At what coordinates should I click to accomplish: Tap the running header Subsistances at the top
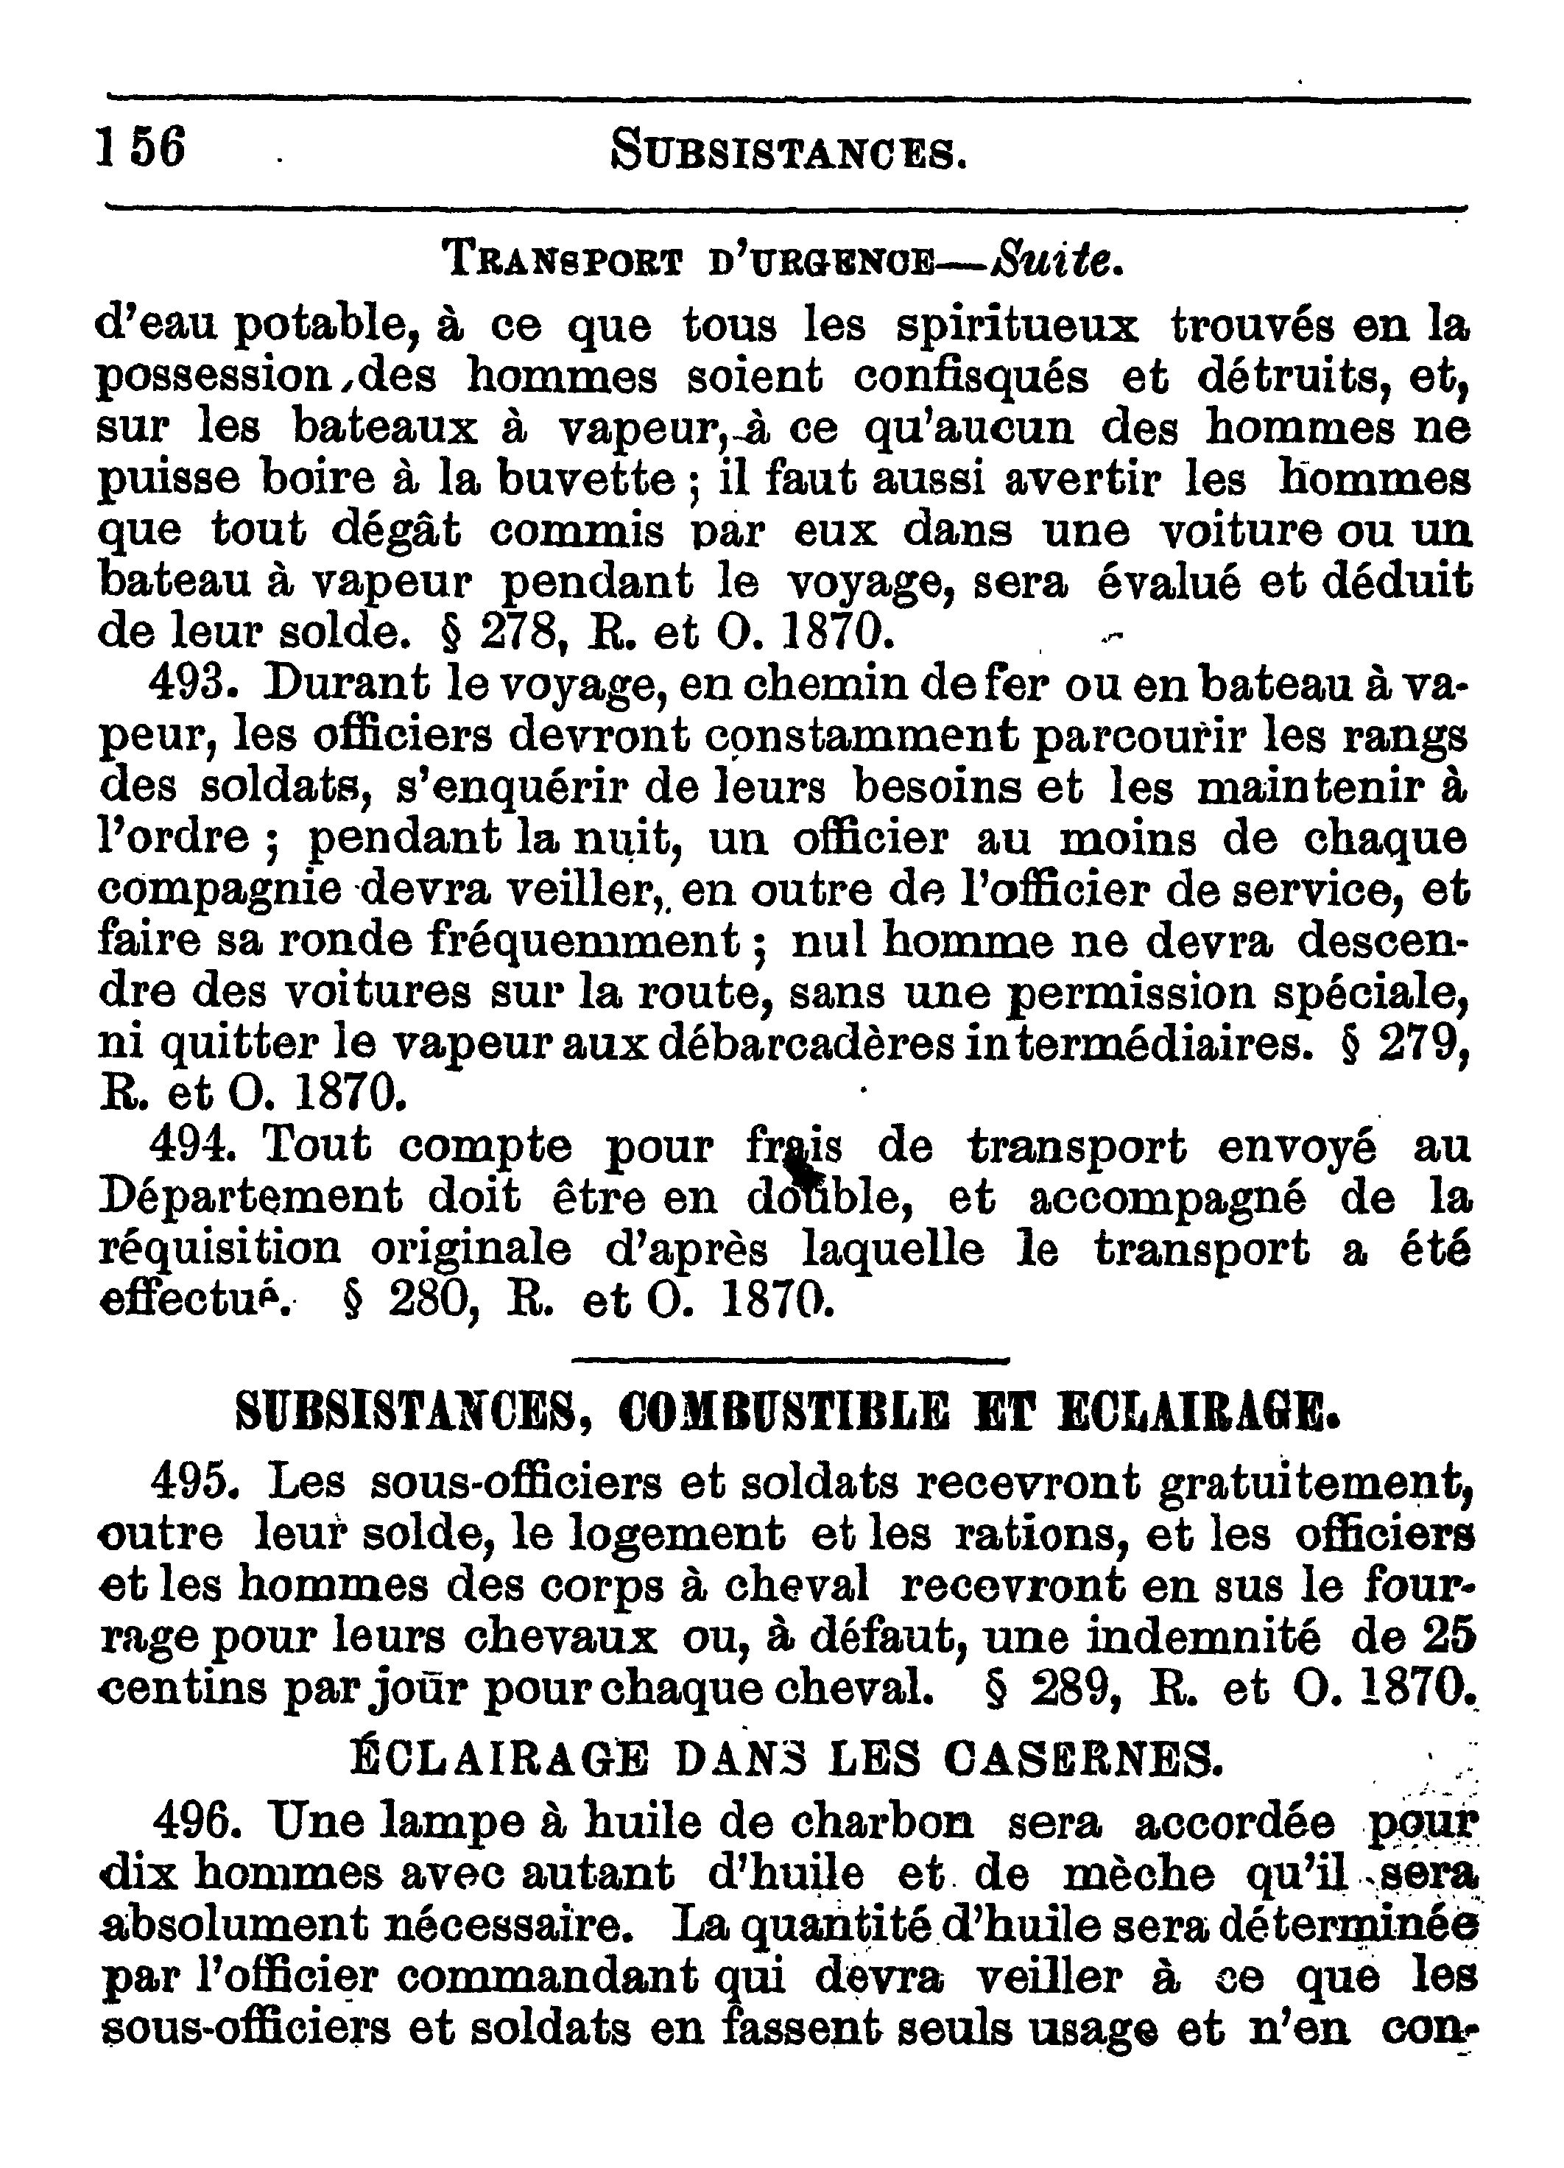(788, 151)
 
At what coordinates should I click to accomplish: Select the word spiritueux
(1017, 326)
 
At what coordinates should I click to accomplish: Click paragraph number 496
(195, 1823)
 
